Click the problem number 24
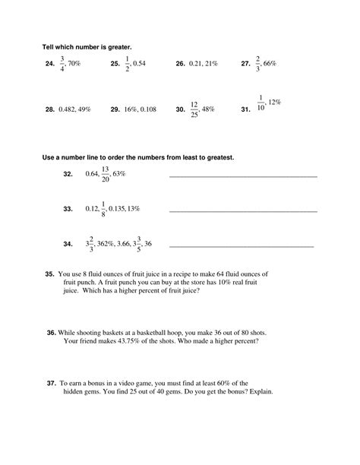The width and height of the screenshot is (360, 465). coord(50,65)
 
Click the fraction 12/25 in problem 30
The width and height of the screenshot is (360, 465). coord(195,109)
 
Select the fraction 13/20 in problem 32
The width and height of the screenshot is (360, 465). coord(107,174)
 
